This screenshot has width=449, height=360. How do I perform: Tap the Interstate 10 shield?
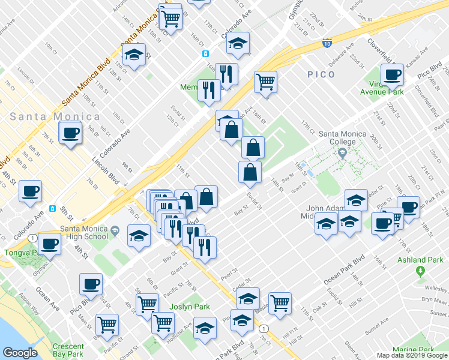[x=326, y=43]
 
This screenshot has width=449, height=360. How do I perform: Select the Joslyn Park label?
[x=189, y=307]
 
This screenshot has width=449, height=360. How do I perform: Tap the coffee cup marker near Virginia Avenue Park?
[x=393, y=75]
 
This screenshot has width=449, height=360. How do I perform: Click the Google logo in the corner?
[x=20, y=352]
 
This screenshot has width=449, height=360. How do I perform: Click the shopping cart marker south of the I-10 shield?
[x=265, y=81]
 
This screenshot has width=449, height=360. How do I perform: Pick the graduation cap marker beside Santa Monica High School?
[x=139, y=235]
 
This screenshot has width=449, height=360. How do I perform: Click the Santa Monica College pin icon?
[x=342, y=153]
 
